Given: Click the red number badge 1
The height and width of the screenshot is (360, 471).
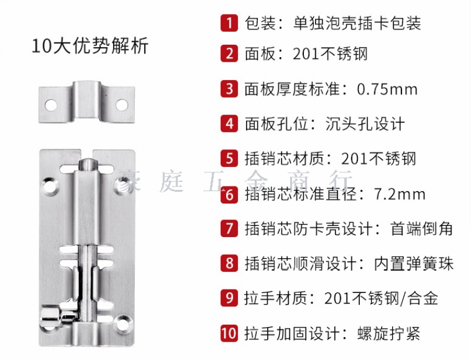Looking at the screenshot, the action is pos(229,23).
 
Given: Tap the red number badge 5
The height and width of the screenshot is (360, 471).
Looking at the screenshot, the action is pos(229,158).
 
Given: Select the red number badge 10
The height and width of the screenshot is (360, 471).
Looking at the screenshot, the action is pos(229,334).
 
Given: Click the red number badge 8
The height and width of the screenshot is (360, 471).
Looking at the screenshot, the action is pos(229,264).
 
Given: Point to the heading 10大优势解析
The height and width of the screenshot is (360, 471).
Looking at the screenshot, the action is pos(90,46).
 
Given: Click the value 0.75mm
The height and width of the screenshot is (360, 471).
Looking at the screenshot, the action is pos(387,89).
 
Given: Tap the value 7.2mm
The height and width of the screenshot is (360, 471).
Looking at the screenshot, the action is pos(400,194).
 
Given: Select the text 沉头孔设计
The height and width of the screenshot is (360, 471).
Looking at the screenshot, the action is pos(364,124).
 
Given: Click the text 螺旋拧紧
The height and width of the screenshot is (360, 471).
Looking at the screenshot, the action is pos(389,334).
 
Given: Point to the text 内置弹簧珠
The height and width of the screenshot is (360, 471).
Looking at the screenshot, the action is pos(413,264).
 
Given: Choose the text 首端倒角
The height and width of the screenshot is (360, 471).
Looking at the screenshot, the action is pos(421,229).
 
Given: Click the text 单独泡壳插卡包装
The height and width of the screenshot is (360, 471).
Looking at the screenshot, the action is pos(357,24).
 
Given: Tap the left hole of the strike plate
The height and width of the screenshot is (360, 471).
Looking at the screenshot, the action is pos(51,105).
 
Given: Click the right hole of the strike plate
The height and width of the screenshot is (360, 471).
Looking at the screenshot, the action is pos(122,105).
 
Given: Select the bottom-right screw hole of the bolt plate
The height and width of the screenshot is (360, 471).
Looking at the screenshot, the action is pos(123,324).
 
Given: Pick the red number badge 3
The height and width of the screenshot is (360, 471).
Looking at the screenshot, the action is pos(229,89).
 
